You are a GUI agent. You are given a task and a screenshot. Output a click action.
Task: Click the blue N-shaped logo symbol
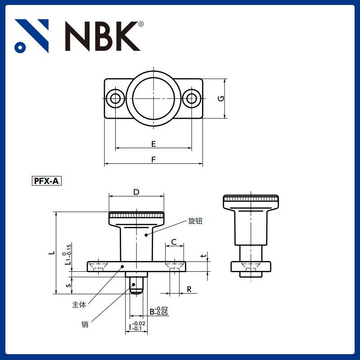point(31,36)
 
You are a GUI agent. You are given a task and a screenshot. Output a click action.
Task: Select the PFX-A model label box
point(46,181)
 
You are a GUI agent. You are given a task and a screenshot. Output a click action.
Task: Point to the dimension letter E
point(153,144)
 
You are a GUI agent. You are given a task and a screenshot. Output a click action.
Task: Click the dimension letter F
point(153,160)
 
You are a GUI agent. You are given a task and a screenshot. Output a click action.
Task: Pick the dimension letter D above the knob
point(136,192)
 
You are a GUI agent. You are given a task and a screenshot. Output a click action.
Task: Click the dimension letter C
point(174,243)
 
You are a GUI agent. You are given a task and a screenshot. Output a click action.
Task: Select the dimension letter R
point(189,289)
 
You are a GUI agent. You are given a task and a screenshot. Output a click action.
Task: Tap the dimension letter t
point(203,256)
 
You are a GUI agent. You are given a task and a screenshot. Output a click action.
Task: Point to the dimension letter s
point(68,285)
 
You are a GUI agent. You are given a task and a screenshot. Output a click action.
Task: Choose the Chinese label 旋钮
point(195,221)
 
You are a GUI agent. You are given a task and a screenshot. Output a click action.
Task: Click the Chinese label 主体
point(79,305)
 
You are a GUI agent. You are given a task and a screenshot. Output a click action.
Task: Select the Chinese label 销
point(85,324)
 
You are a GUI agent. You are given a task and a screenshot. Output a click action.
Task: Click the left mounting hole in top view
point(116,98)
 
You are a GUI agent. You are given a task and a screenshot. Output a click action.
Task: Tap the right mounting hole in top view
point(192,98)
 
